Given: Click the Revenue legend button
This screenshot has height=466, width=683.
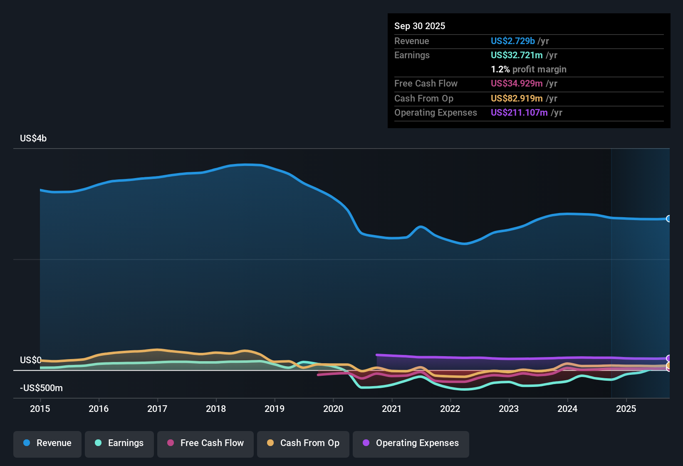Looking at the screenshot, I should point(47,443).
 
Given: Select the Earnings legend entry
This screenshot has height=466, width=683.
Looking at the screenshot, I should point(119,443).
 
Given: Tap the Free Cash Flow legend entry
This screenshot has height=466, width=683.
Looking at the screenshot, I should point(205,443).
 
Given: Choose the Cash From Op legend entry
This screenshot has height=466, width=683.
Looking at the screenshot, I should point(303,443).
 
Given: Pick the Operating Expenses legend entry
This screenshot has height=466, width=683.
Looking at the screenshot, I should point(411,443).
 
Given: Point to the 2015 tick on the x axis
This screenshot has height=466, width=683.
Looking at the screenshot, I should point(40,409).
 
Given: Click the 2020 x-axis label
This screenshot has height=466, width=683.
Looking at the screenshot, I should point(333,409).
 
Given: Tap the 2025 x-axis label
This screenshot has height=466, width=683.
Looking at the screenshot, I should point(626,409).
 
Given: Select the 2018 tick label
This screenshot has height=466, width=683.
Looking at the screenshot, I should point(216,409).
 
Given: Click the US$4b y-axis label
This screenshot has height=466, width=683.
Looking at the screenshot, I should point(33,138).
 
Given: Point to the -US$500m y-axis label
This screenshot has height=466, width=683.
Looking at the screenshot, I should point(41,388).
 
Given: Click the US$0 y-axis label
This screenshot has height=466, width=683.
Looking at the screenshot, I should point(30,360).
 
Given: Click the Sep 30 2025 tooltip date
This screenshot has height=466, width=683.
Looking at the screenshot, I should point(420,26).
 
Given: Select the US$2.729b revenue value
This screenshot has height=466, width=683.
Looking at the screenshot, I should point(512,41).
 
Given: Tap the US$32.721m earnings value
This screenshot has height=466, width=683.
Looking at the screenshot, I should point(517,55).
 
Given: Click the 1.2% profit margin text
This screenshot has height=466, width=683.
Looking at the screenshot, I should point(528,69).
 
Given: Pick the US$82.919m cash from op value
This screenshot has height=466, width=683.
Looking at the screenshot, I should point(517,98).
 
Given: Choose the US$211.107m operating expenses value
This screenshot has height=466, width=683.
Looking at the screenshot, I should point(519,112).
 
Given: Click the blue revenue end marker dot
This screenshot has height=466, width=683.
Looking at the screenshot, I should point(668,219).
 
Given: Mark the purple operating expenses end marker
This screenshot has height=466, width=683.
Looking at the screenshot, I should point(668,358).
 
